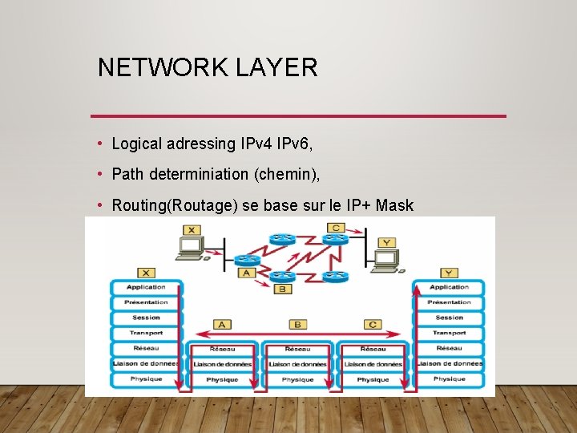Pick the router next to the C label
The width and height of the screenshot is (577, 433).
[x=335, y=239]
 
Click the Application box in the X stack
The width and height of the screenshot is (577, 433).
[x=146, y=287]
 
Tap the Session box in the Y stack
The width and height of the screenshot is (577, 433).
[x=449, y=318]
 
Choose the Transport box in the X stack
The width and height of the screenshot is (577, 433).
[x=146, y=333]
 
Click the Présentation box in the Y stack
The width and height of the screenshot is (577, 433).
[x=449, y=302]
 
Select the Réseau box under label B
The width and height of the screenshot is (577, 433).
[x=297, y=349]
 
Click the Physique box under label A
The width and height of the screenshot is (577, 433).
[x=222, y=379]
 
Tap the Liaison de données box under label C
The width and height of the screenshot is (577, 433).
[x=373, y=364]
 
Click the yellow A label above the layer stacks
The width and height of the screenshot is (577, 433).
[x=222, y=325]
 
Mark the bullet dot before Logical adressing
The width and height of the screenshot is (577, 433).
[x=98, y=144]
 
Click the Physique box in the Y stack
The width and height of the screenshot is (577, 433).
[x=449, y=378]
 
